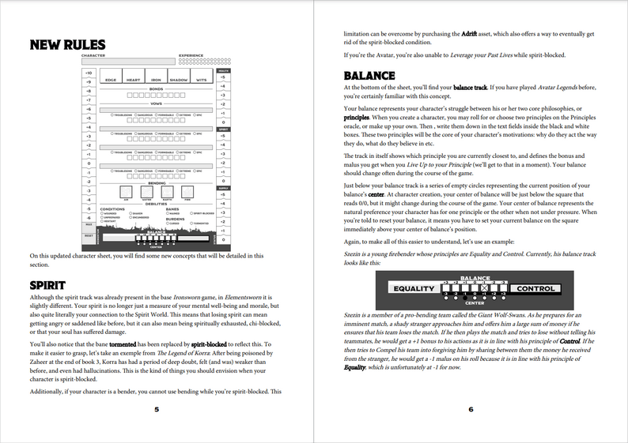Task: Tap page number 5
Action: click(x=157, y=409)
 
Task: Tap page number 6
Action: click(x=471, y=409)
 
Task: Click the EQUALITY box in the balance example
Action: click(x=414, y=289)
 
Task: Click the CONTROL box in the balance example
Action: click(x=535, y=289)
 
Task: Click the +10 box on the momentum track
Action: click(x=88, y=73)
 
